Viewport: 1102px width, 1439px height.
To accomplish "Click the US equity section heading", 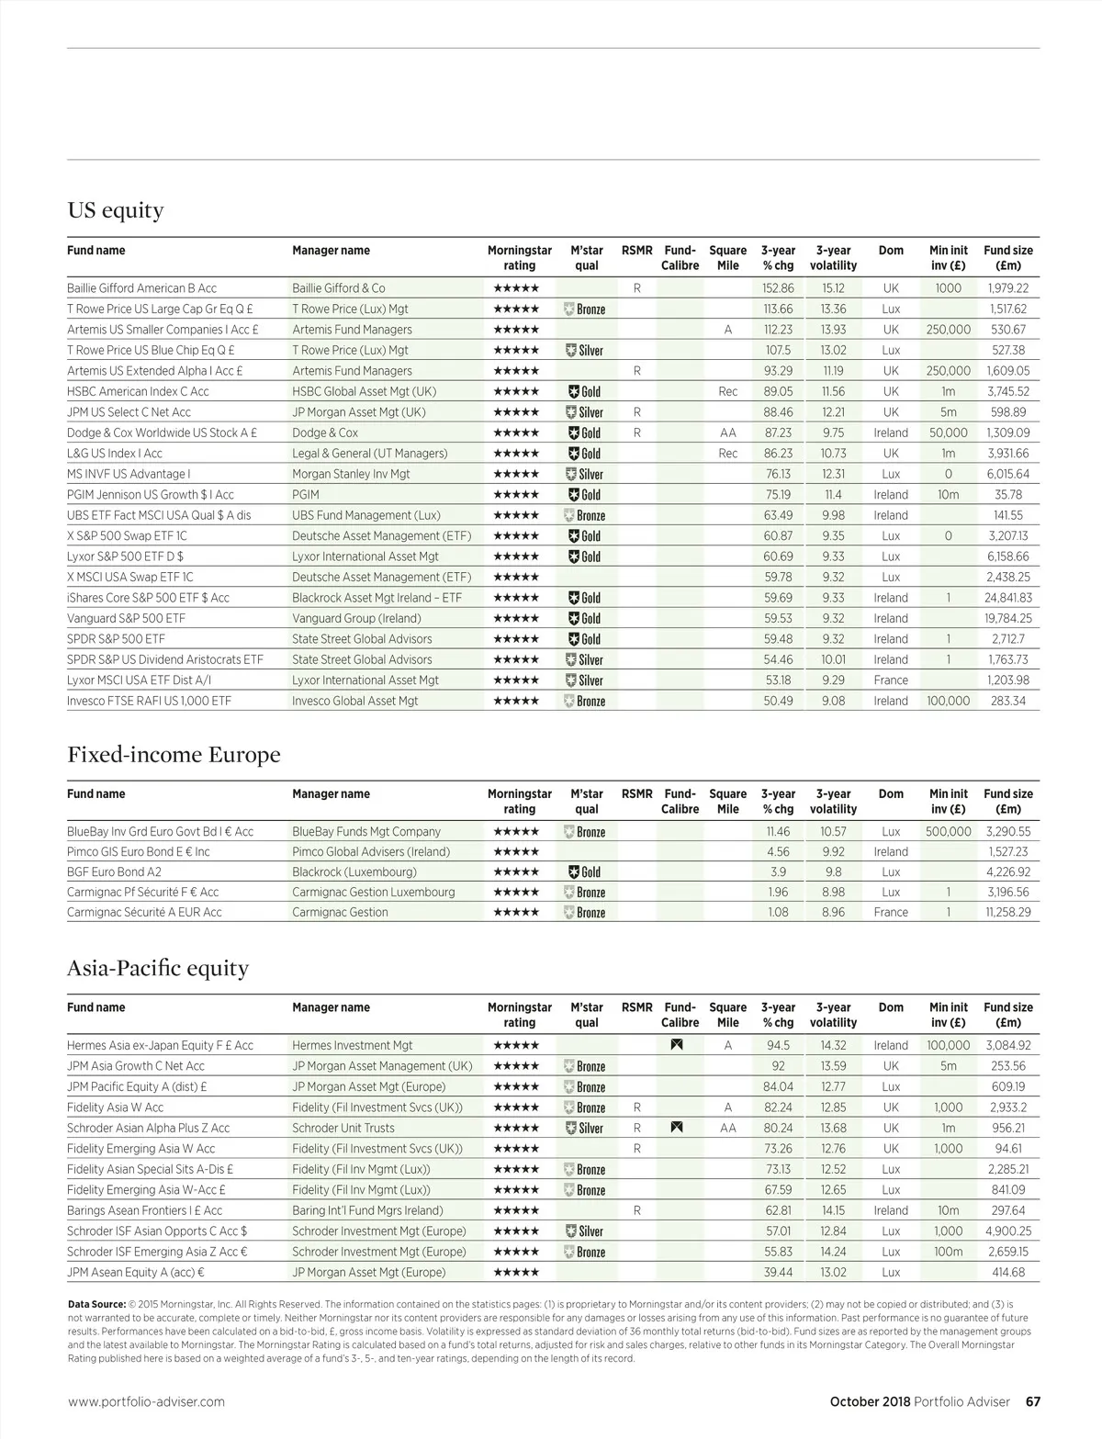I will coord(116,211).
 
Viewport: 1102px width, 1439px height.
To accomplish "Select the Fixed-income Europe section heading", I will coord(174,755).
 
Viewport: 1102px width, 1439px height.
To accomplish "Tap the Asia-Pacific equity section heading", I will coord(158,969).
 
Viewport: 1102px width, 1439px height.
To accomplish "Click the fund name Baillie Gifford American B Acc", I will coord(141,288).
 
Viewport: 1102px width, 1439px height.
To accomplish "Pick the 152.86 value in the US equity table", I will coord(778,288).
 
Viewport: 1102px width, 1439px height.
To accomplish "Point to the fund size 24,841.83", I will coord(1007,598).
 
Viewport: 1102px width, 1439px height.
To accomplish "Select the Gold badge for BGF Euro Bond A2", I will coord(584,872).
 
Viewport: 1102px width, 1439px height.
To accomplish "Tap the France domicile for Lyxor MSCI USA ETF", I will coord(891,680).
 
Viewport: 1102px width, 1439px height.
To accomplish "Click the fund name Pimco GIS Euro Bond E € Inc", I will coord(138,852).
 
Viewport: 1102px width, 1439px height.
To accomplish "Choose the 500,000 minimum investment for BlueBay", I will coord(948,832).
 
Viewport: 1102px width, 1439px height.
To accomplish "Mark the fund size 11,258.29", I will coord(1007,913).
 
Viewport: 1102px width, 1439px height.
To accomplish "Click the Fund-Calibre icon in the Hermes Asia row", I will coord(677,1045).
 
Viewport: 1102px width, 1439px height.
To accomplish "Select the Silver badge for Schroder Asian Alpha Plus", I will coord(584,1129).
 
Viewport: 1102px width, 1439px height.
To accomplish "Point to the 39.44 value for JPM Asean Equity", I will coord(778,1273).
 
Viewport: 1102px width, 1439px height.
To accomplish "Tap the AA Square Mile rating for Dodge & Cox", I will coord(727,433).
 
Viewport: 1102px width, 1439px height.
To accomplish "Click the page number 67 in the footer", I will coord(1032,1402).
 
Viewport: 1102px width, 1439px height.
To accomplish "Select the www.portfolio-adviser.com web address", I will coord(146,1402).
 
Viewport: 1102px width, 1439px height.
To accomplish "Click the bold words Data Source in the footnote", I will coord(96,1304).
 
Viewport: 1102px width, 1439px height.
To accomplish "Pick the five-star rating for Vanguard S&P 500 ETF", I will coord(516,619).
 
